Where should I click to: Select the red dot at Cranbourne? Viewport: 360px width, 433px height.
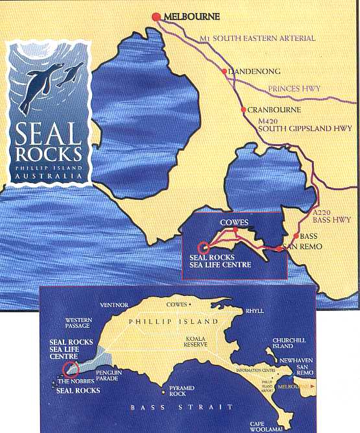pos(243,110)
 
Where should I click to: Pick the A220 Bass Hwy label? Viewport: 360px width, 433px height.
pos(331,216)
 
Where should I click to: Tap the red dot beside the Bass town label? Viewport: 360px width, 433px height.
pos(296,236)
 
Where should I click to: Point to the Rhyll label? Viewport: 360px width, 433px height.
pos(254,311)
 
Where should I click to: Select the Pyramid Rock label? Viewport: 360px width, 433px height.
pos(178,391)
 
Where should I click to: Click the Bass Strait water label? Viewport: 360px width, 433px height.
pos(182,407)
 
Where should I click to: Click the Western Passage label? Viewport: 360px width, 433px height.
pos(80,323)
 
